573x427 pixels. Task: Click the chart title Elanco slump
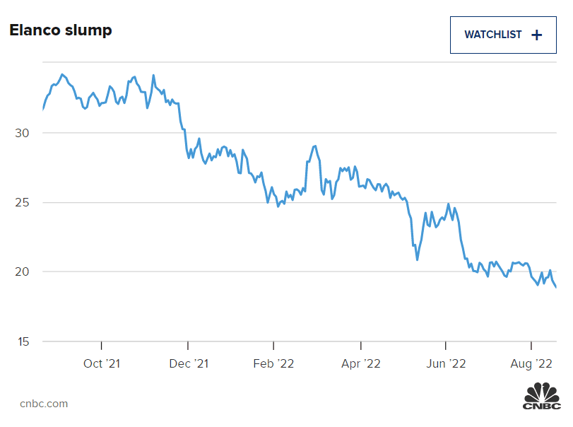coord(60,30)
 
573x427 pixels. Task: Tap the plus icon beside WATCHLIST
coord(537,35)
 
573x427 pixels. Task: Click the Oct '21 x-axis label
coord(102,363)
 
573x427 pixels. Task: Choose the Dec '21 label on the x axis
coord(189,363)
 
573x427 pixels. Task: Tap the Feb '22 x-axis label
coord(273,363)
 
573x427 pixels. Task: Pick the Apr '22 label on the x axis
coord(361,363)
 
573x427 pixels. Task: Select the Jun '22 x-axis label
coord(446,363)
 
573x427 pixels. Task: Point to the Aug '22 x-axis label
coord(531,363)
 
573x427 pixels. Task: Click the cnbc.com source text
coord(44,404)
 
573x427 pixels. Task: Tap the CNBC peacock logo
coord(541,396)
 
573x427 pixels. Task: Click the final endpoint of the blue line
coord(556,287)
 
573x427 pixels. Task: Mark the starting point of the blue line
coord(43,109)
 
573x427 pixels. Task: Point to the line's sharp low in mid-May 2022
coord(418,259)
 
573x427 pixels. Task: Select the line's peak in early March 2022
coord(314,146)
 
